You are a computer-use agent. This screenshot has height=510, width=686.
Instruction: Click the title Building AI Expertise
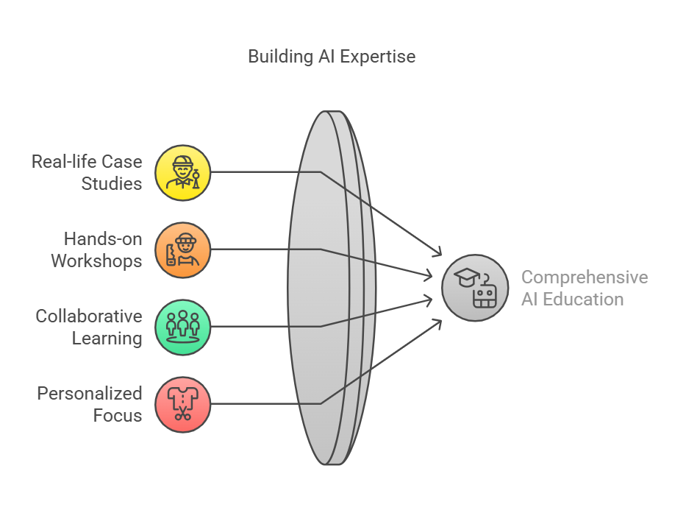pos(332,57)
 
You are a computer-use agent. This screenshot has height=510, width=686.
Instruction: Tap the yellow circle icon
pos(183,173)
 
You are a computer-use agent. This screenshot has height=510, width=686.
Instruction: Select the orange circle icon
pos(183,250)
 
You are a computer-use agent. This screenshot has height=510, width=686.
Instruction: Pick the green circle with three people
pos(183,327)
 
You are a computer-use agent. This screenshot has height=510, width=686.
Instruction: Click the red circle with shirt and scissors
pos(183,405)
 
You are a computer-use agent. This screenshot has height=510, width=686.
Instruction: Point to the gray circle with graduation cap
pos(475,288)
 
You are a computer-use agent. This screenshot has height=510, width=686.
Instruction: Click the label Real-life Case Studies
pos(87,172)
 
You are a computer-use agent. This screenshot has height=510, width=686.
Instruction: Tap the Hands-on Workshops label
pos(97,250)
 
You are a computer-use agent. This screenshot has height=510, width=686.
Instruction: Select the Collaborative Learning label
pos(89,327)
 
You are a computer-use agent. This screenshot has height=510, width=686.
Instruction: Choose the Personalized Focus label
pos(90,405)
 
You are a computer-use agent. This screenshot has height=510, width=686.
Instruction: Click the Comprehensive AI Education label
pos(585,288)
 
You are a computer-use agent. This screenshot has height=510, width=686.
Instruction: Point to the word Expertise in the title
pos(378,57)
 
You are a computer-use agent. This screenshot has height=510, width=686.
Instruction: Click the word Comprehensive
pos(585,277)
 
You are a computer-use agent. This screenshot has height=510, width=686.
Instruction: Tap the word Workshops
pos(97,261)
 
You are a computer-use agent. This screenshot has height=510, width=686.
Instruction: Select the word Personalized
pos(90,394)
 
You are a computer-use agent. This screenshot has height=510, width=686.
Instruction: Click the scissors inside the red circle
pos(183,414)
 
